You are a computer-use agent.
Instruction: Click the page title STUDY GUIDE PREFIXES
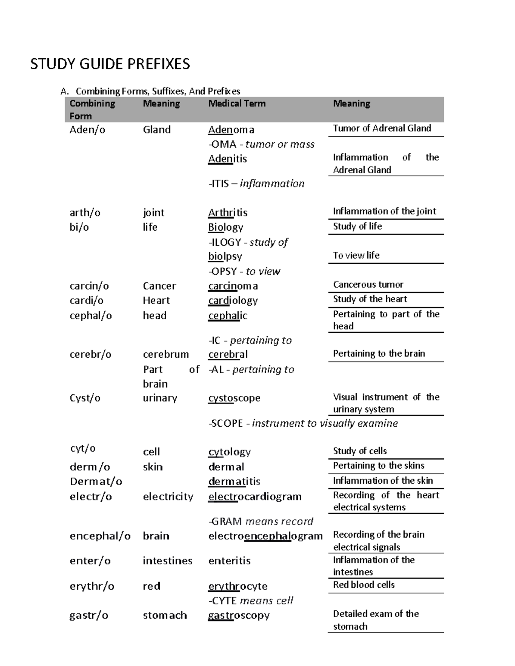(110, 64)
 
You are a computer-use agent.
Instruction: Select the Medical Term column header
(236, 103)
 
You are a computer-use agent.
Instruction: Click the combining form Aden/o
(87, 130)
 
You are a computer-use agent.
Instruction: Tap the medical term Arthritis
(227, 213)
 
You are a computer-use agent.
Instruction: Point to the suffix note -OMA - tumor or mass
(261, 144)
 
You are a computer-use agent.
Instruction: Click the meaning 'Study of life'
(357, 226)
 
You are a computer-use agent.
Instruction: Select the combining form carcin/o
(89, 286)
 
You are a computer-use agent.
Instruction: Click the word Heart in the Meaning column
(156, 300)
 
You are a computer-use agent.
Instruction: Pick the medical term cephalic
(227, 316)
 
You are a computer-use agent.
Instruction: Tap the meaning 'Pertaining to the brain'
(379, 353)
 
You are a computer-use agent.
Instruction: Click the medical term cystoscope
(234, 398)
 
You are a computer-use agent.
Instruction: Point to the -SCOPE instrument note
(303, 423)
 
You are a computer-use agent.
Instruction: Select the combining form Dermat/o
(96, 481)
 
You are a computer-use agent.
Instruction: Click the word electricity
(168, 496)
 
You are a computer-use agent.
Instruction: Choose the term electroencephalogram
(265, 536)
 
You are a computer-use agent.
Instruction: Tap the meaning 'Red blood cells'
(364, 585)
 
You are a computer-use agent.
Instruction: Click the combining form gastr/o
(88, 615)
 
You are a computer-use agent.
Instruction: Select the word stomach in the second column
(164, 615)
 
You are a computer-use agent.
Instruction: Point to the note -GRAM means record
(261, 521)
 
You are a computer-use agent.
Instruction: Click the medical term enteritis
(229, 561)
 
